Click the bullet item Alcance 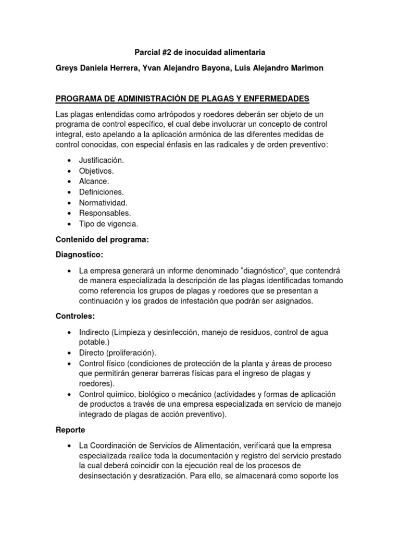[94, 181]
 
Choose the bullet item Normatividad [103, 202]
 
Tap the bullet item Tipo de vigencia [108, 224]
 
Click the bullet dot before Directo [69, 353]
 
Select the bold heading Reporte [70, 430]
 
